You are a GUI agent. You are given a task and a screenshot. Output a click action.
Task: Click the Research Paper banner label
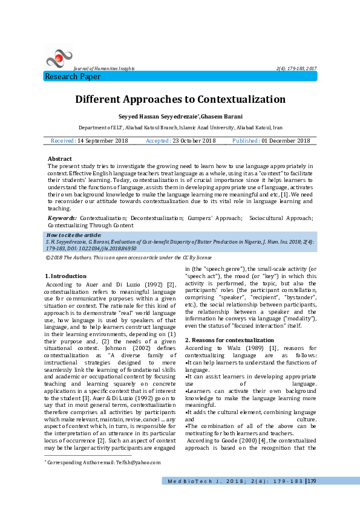point(73,77)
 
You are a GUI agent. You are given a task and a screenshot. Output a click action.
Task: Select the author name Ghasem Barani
point(222,115)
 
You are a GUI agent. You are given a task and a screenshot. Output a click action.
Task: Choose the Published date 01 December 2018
point(286,141)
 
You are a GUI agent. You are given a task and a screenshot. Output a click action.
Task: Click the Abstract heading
point(59,158)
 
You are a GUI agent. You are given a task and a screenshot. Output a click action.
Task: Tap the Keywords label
point(62,217)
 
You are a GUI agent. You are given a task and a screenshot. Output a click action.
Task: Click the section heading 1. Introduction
point(66,276)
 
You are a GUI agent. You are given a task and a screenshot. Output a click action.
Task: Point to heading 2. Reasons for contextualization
point(221,340)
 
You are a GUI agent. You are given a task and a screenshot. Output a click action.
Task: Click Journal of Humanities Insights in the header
point(104,69)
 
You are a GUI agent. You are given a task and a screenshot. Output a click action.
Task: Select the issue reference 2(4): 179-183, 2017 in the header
point(296,69)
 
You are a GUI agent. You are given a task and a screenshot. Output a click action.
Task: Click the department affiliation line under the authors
point(180,128)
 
